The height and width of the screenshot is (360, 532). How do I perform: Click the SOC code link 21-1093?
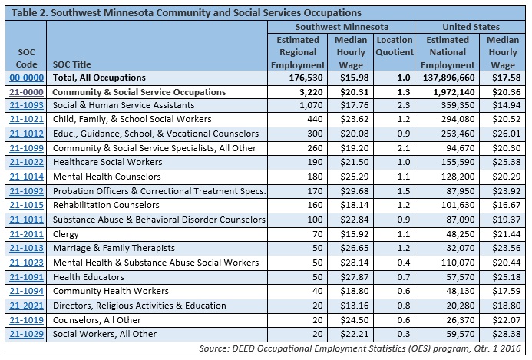[26, 105]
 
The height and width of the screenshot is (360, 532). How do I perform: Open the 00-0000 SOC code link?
[26, 78]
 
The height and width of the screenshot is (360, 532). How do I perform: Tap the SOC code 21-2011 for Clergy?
[26, 234]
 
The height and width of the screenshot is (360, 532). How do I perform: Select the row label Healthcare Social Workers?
[107, 162]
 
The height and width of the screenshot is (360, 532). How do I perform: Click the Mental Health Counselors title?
[107, 177]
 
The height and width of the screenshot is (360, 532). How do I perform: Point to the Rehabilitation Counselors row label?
[106, 205]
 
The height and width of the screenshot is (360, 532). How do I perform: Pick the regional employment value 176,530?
[306, 78]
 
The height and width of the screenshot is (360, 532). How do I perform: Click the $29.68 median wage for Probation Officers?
[355, 191]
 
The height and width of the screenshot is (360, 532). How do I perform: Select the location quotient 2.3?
[403, 105]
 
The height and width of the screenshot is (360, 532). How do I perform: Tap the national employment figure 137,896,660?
[449, 78]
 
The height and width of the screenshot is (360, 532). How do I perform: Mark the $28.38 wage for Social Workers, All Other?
[507, 334]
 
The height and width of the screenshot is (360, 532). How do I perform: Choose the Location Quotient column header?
[395, 46]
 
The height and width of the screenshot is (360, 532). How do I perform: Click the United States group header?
[471, 27]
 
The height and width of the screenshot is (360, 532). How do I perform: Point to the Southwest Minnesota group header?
[342, 27]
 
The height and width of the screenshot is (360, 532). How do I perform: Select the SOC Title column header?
[72, 64]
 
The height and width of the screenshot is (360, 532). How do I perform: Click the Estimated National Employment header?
[448, 53]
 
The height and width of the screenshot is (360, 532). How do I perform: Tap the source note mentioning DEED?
[360, 348]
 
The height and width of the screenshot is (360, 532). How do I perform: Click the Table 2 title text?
[187, 13]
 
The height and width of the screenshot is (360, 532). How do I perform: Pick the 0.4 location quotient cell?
[403, 263]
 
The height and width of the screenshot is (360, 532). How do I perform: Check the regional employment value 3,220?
[311, 92]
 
